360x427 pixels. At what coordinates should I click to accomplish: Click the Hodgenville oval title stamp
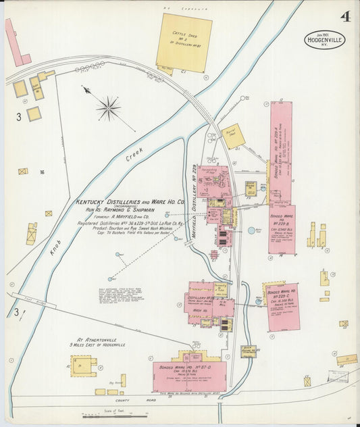point(324,40)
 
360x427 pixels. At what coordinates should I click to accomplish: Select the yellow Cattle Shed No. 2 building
point(184,43)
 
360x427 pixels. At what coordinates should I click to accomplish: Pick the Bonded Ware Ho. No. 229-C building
point(283,307)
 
